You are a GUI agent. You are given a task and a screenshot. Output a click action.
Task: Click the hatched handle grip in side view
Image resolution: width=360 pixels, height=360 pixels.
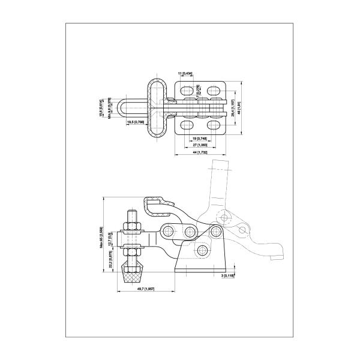coord(158,206)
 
